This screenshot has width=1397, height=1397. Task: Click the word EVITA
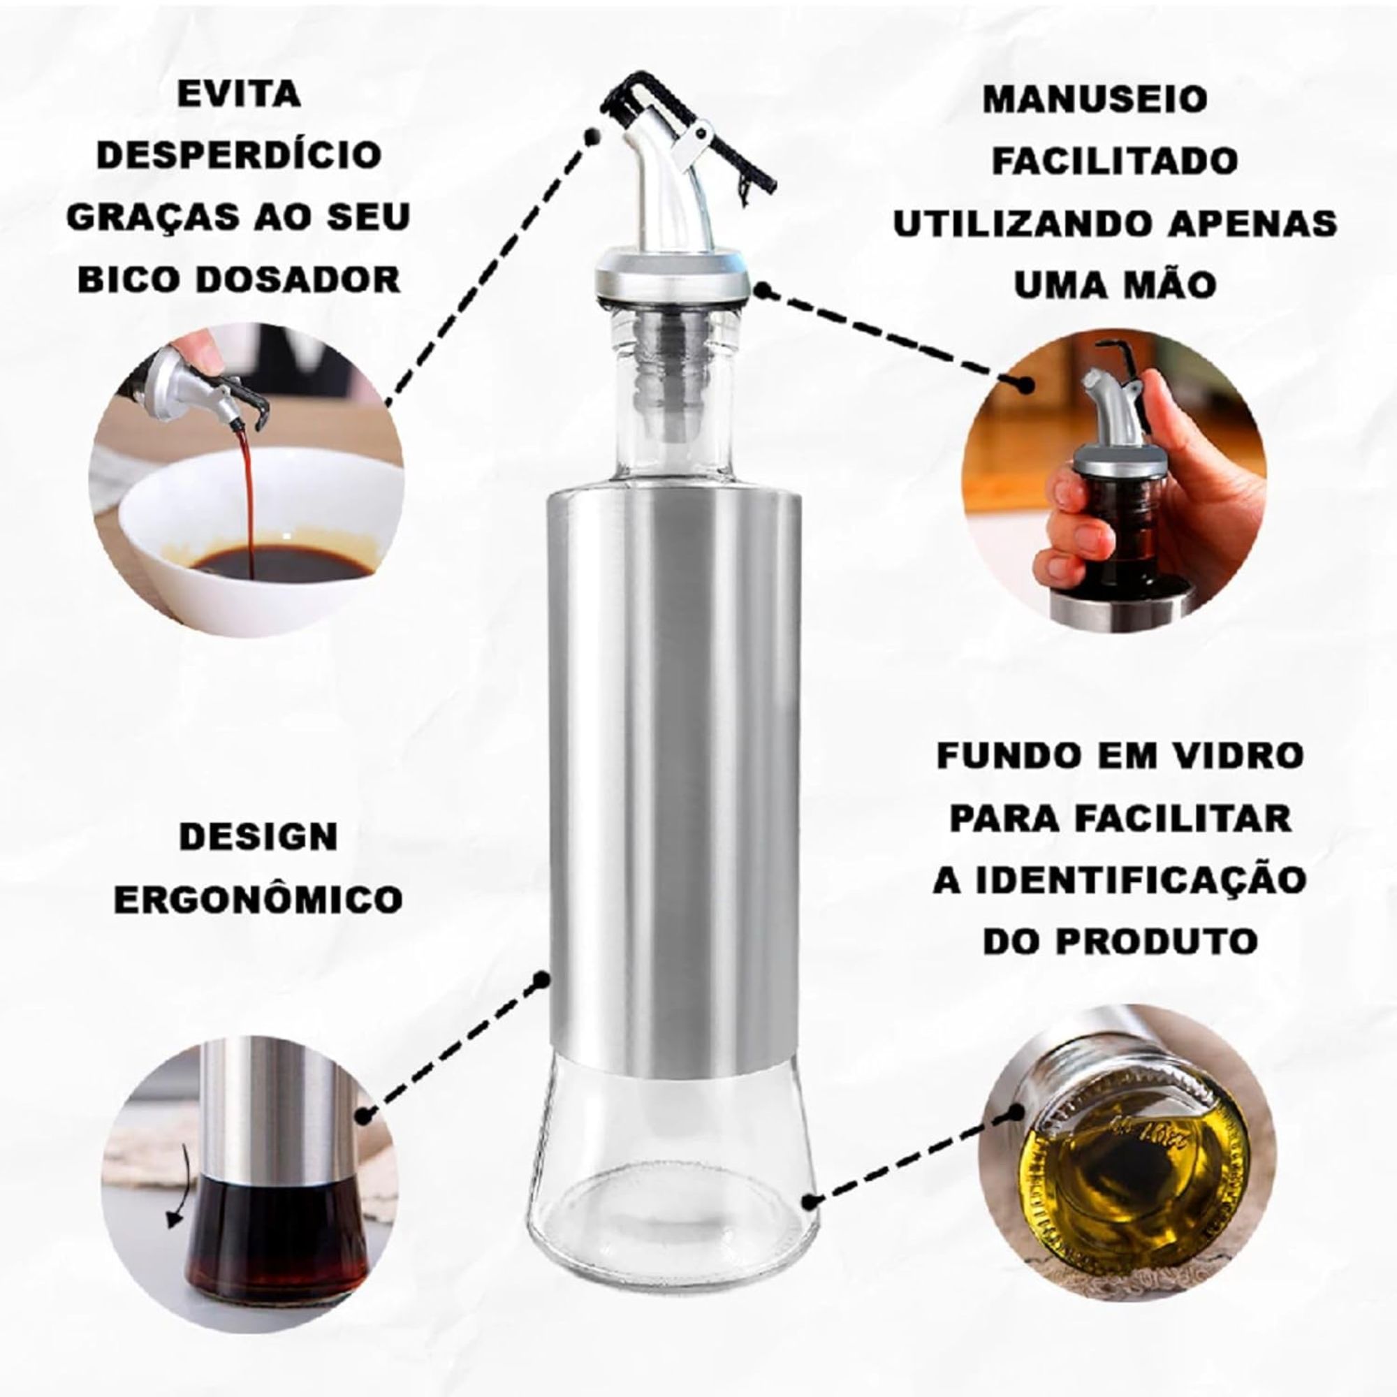click(240, 94)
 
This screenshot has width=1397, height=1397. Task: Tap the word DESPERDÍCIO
click(240, 156)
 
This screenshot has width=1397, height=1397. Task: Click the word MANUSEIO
click(1095, 99)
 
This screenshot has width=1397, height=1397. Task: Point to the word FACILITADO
click(1114, 161)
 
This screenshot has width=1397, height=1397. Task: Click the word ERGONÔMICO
click(258, 900)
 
